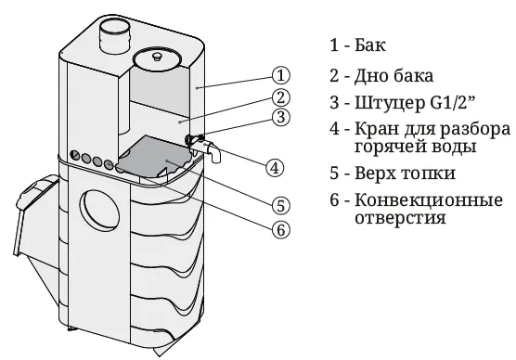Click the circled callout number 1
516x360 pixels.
(280, 75)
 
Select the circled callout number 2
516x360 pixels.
(280, 98)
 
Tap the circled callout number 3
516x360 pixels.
(280, 117)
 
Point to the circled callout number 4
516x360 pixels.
(275, 168)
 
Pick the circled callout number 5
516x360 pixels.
(280, 206)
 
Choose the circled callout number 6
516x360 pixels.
(280, 229)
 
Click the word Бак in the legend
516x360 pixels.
(370, 45)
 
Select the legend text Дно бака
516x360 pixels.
(393, 76)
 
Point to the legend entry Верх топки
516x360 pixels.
(406, 174)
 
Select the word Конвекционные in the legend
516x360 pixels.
(429, 200)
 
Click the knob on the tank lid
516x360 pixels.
(157, 57)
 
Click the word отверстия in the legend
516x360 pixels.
(401, 218)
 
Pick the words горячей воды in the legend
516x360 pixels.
(416, 147)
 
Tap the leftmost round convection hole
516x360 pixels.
(75, 155)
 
